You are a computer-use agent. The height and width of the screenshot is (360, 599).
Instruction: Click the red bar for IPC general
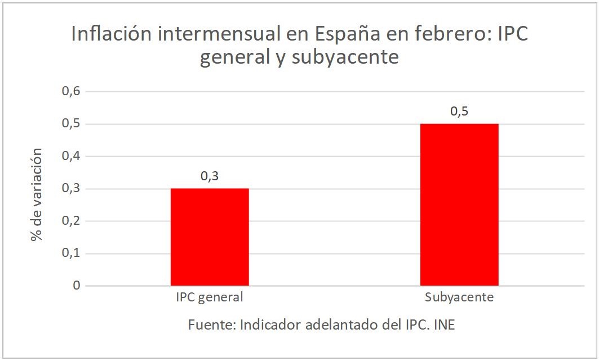(210, 237)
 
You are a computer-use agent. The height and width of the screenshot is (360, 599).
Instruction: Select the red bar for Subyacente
(459, 205)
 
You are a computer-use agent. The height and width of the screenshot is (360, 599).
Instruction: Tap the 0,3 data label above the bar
(210, 176)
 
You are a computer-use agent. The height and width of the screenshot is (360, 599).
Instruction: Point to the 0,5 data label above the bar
(459, 112)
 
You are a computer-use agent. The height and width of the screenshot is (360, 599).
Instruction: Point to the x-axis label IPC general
(210, 297)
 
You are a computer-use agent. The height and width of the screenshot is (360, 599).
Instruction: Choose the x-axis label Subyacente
(459, 297)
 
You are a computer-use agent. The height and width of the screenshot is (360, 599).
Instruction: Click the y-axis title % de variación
(37, 194)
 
